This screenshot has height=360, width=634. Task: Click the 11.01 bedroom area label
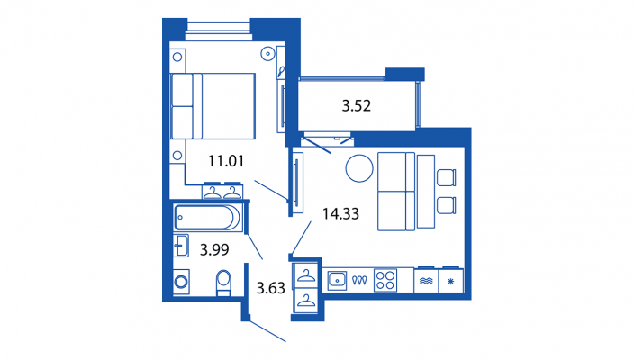click(x=226, y=161)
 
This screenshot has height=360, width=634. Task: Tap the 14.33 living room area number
click(x=340, y=213)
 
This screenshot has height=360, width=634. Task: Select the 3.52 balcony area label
click(x=357, y=106)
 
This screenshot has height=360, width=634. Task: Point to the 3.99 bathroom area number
click(x=214, y=249)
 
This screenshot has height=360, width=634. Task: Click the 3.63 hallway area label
click(x=271, y=288)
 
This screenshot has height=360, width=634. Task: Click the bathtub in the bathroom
click(x=207, y=218)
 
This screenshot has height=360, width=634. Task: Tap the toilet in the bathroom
click(x=223, y=283)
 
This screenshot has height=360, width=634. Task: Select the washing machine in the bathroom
click(x=181, y=282)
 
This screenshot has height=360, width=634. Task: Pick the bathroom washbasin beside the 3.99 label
click(x=181, y=246)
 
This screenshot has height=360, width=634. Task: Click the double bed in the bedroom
click(x=213, y=106)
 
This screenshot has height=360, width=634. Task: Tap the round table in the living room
click(x=359, y=168)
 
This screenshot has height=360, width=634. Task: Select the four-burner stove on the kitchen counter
click(x=385, y=280)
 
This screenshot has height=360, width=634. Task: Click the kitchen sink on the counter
click(x=337, y=281)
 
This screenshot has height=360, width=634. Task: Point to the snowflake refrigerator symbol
click(x=451, y=281)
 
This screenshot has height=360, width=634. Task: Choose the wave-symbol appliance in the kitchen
click(x=426, y=281)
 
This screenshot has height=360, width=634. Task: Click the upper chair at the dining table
click(x=447, y=177)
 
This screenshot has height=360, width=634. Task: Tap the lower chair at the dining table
click(x=447, y=205)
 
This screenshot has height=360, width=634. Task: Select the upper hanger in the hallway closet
click(x=306, y=275)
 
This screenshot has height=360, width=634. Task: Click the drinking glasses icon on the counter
click(x=359, y=280)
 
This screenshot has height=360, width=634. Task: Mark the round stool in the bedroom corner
click(x=267, y=53)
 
